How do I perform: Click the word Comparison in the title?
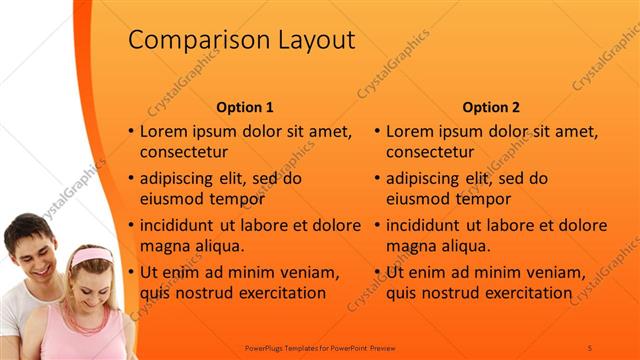click(188, 40)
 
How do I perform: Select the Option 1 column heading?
click(245, 107)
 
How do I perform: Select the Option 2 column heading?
click(491, 107)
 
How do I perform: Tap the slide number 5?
click(590, 347)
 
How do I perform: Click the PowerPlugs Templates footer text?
click(320, 347)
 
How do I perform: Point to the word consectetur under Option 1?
click(184, 152)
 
